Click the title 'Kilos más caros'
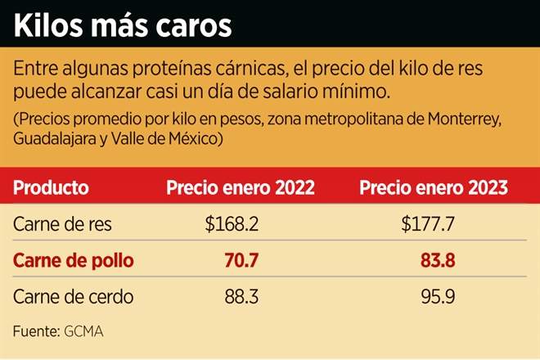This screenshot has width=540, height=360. click(124, 25)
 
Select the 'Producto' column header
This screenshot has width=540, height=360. click(52, 187)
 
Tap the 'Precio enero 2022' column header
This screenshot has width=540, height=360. click(241, 187)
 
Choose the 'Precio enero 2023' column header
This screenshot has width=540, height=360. click(434, 187)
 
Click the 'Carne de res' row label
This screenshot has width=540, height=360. click(63, 225)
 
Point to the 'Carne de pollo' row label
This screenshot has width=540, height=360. click(73, 261)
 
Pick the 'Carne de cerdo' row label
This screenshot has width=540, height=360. click(73, 296)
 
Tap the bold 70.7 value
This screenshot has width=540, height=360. click(241, 261)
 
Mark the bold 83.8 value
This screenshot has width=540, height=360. click(434, 261)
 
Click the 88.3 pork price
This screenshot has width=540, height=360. click(241, 296)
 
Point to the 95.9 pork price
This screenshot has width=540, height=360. click(434, 296)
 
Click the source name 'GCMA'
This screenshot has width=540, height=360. click(85, 331)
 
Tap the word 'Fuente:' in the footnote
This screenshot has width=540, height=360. click(35, 331)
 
